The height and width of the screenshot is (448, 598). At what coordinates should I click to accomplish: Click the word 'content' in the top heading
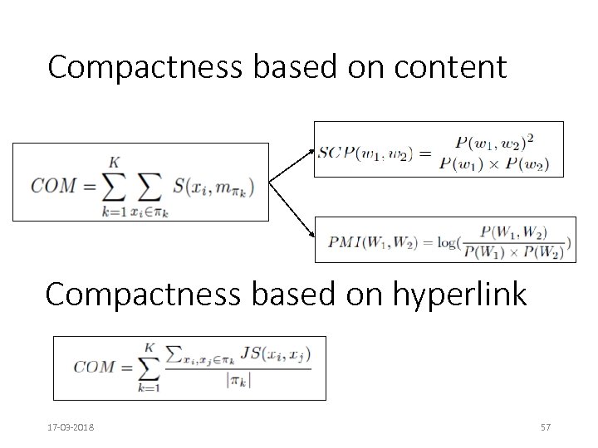click(448, 67)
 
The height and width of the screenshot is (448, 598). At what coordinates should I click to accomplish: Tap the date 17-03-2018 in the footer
click(71, 427)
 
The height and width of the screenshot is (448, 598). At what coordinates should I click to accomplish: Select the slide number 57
click(546, 427)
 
